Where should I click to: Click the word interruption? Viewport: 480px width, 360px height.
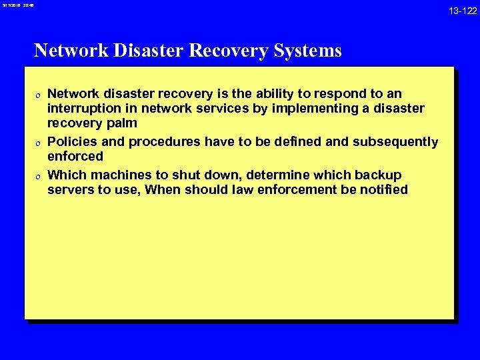[83, 109]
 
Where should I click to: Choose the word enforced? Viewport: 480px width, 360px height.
[75, 157]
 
